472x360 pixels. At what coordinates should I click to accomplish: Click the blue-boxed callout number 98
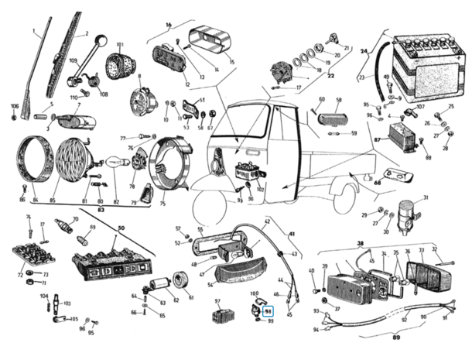click(268, 310)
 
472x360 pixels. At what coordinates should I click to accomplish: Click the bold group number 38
click(360, 244)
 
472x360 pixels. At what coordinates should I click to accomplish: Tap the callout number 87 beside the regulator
click(377, 140)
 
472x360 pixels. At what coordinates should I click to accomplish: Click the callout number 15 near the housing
click(232, 61)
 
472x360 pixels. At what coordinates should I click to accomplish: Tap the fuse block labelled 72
click(32, 255)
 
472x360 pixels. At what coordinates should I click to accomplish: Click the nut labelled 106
click(14, 117)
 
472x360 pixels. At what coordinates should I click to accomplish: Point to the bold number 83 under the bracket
click(101, 210)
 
